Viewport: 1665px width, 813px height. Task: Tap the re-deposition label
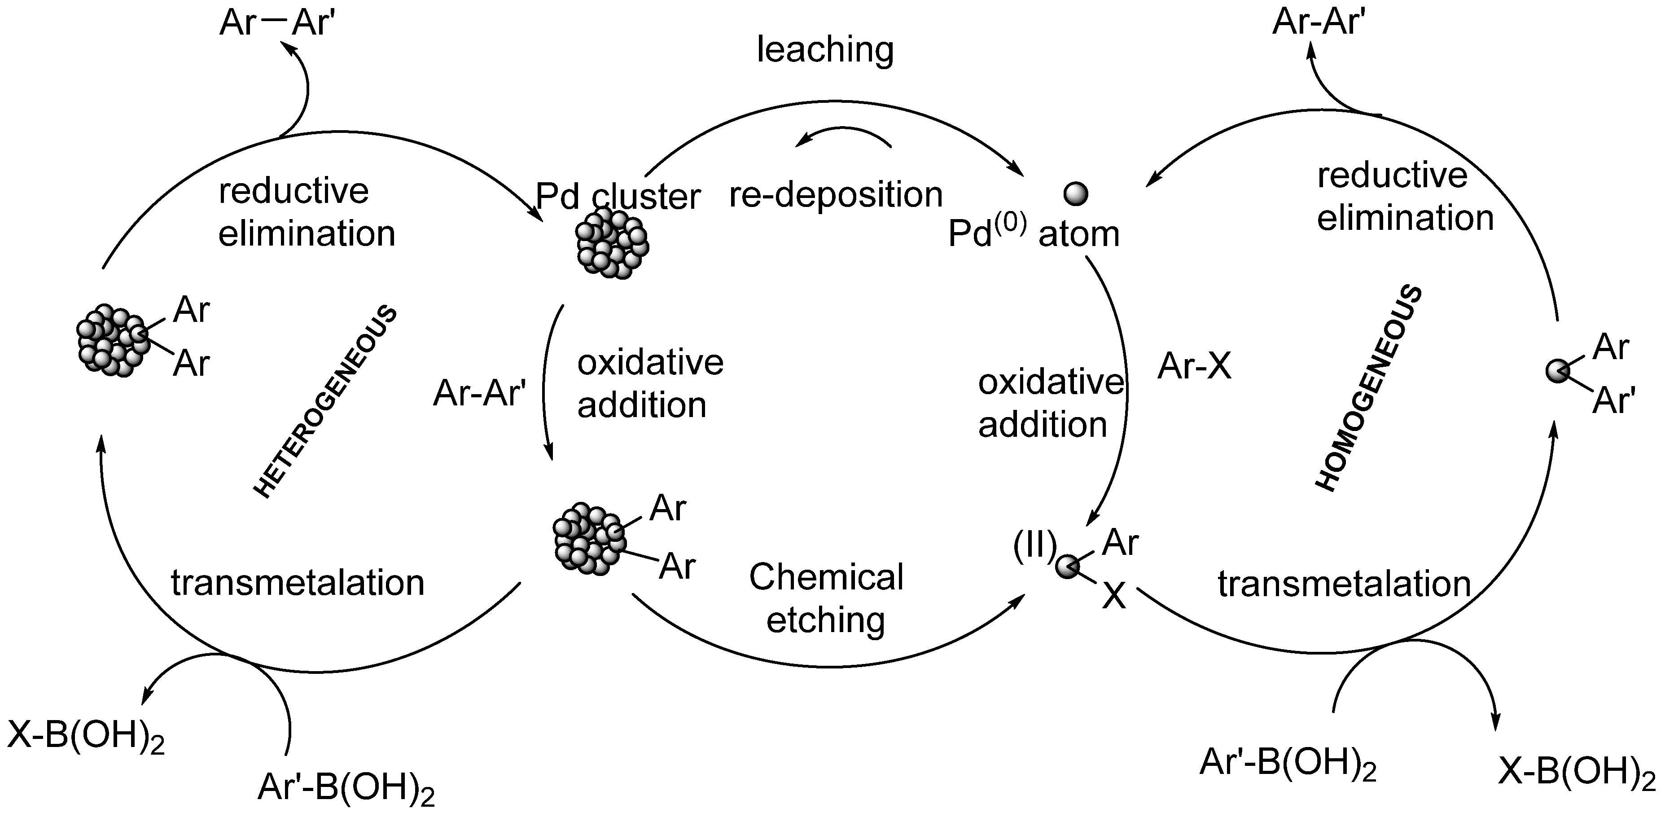[836, 195]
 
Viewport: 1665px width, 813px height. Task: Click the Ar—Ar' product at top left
[276, 22]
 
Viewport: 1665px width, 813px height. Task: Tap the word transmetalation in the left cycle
[297, 583]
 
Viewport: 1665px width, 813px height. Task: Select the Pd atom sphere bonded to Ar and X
[1067, 567]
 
